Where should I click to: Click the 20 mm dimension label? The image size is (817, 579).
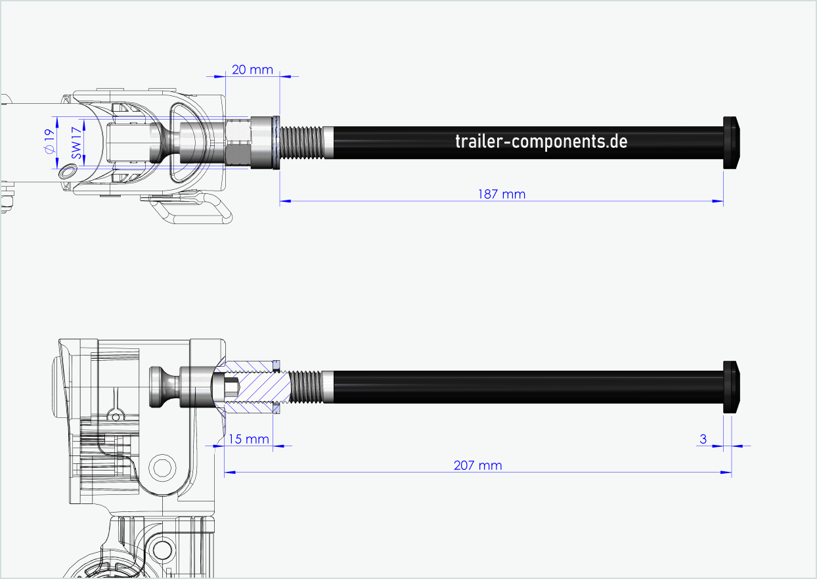point(252,69)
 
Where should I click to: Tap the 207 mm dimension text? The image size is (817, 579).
point(477,465)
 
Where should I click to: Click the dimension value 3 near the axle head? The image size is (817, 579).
point(703,438)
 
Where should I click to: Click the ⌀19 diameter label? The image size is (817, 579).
point(48,142)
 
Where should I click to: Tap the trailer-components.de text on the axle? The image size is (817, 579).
point(541,141)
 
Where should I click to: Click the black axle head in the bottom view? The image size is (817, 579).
point(732,387)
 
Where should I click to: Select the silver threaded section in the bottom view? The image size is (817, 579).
point(306,387)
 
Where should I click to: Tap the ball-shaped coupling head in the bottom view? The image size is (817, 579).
point(160,386)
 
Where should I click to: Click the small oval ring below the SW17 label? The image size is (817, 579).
point(67,172)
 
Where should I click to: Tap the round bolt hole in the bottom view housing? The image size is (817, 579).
point(162,467)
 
